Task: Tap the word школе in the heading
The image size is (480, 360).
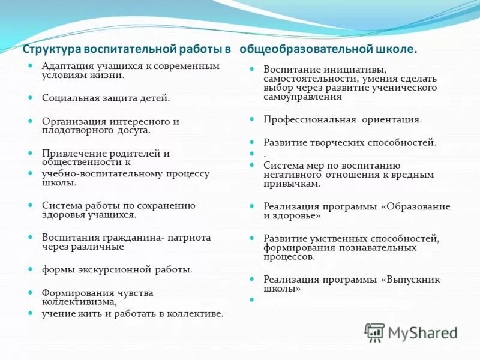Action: tap(396, 49)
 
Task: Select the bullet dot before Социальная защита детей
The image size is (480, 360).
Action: tap(30, 97)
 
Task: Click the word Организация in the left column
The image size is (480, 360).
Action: tap(71, 121)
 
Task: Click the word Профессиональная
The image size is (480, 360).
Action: tap(310, 119)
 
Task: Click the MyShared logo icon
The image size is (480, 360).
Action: tap(375, 332)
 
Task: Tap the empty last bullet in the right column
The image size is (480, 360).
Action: tap(252, 298)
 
